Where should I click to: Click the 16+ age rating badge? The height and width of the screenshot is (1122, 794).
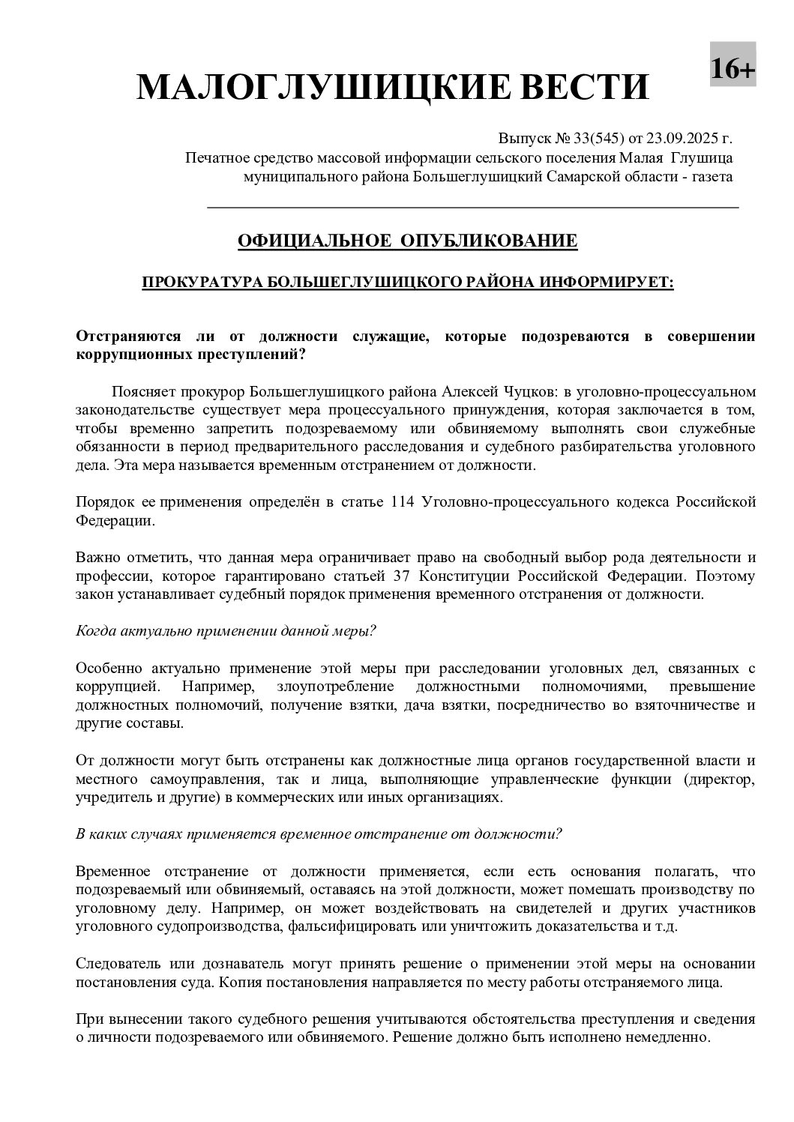coord(733,69)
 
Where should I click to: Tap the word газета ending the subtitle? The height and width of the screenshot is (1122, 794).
coord(712,177)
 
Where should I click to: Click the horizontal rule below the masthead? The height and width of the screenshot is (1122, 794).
coord(472,207)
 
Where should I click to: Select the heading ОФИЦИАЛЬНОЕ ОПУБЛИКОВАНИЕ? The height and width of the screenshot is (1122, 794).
coord(407,241)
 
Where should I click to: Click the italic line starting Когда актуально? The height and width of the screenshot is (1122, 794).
coord(226,630)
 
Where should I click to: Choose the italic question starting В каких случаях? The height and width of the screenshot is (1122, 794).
coord(319,834)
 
